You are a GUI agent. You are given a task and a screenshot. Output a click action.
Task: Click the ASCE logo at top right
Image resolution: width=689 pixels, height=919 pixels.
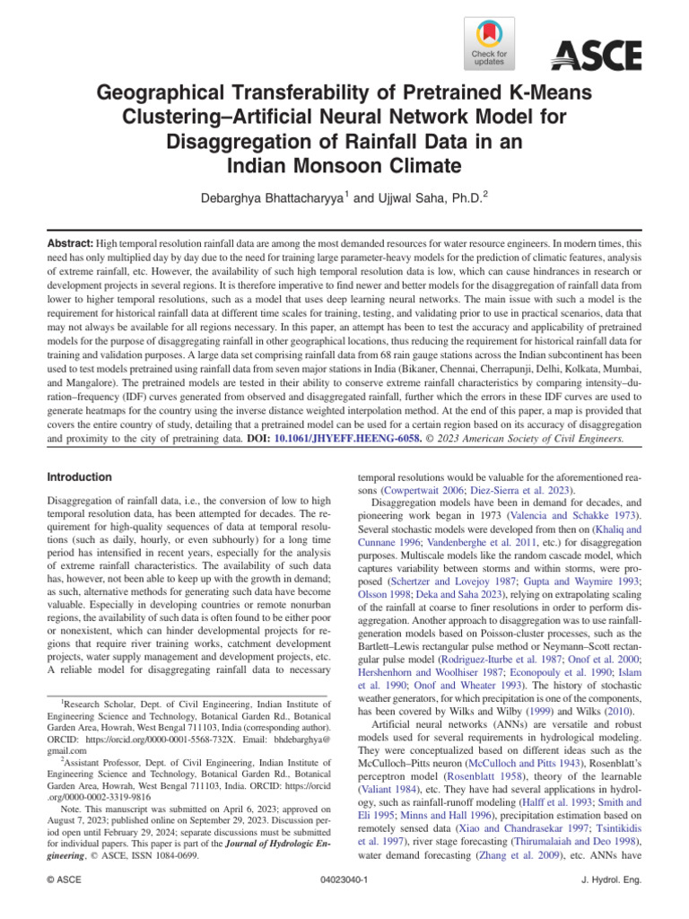click(x=596, y=56)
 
